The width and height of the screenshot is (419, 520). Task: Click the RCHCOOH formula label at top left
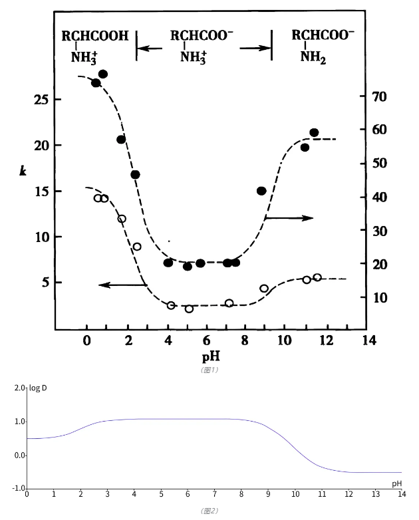pyautogui.click(x=95, y=36)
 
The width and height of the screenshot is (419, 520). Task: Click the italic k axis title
pyautogui.click(x=23, y=171)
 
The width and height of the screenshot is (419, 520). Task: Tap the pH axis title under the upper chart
pyautogui.click(x=209, y=356)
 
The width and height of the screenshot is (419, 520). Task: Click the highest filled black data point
pyautogui.click(x=103, y=74)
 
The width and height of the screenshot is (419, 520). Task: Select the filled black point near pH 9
pyautogui.click(x=261, y=191)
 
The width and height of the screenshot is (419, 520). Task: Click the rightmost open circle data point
pyautogui.click(x=317, y=277)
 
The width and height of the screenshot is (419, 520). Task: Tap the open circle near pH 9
pyautogui.click(x=264, y=289)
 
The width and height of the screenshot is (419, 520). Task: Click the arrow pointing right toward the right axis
pyautogui.click(x=289, y=217)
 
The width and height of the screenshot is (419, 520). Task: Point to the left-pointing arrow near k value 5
pyautogui.click(x=122, y=285)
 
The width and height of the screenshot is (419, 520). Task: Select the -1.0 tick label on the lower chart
pyautogui.click(x=17, y=489)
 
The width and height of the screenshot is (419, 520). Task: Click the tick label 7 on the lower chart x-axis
pyautogui.click(x=214, y=494)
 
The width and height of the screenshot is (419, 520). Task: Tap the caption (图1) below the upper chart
pyautogui.click(x=209, y=370)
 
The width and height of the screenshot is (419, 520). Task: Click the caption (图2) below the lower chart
pyautogui.click(x=209, y=511)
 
